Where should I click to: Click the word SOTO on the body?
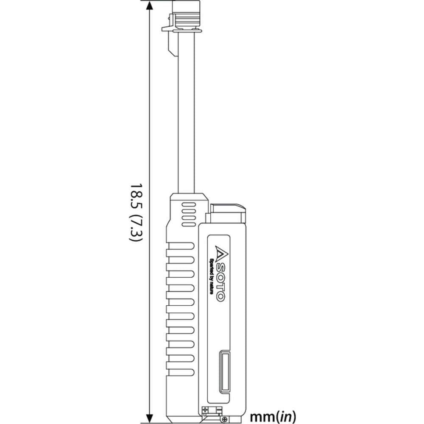pyautogui.click(x=220, y=282)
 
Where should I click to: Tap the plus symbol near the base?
pyautogui.click(x=206, y=410)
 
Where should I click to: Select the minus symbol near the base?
pyautogui.click(x=218, y=410)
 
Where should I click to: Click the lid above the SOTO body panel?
pyautogui.click(x=228, y=209)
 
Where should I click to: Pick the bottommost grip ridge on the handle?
pyautogui.click(x=180, y=365)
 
